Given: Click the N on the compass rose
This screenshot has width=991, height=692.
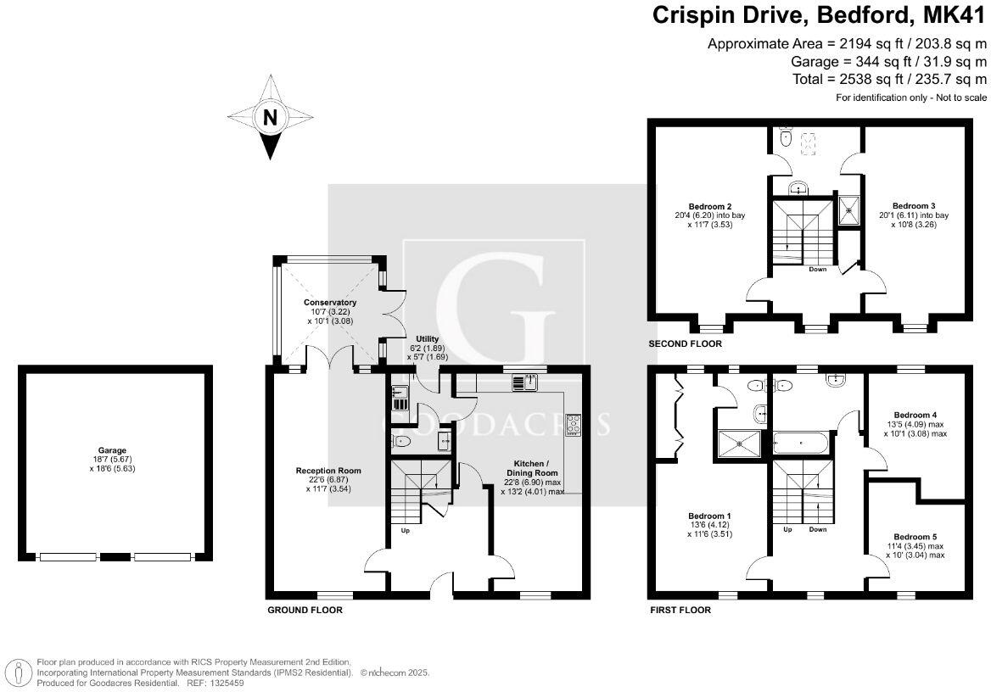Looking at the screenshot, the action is click(x=270, y=118).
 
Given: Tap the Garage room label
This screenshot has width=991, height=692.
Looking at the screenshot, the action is click(x=112, y=450).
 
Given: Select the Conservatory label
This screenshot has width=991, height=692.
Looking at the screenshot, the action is click(x=330, y=303).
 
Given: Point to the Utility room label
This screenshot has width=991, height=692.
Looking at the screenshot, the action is click(x=428, y=339).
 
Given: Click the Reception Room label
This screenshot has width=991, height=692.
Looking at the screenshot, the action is click(x=328, y=471).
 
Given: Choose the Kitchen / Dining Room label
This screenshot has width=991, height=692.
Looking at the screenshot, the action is click(x=532, y=468).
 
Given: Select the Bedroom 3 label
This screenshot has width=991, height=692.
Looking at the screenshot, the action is click(x=914, y=206).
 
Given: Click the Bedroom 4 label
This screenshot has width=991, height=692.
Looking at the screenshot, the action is click(x=915, y=416).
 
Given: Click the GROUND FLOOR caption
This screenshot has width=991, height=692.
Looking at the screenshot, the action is click(x=305, y=611).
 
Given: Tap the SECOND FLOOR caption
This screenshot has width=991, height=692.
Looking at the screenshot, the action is click(x=685, y=343).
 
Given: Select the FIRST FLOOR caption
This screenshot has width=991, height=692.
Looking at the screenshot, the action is click(x=680, y=611).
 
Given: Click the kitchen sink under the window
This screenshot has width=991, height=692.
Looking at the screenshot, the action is click(x=524, y=382).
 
